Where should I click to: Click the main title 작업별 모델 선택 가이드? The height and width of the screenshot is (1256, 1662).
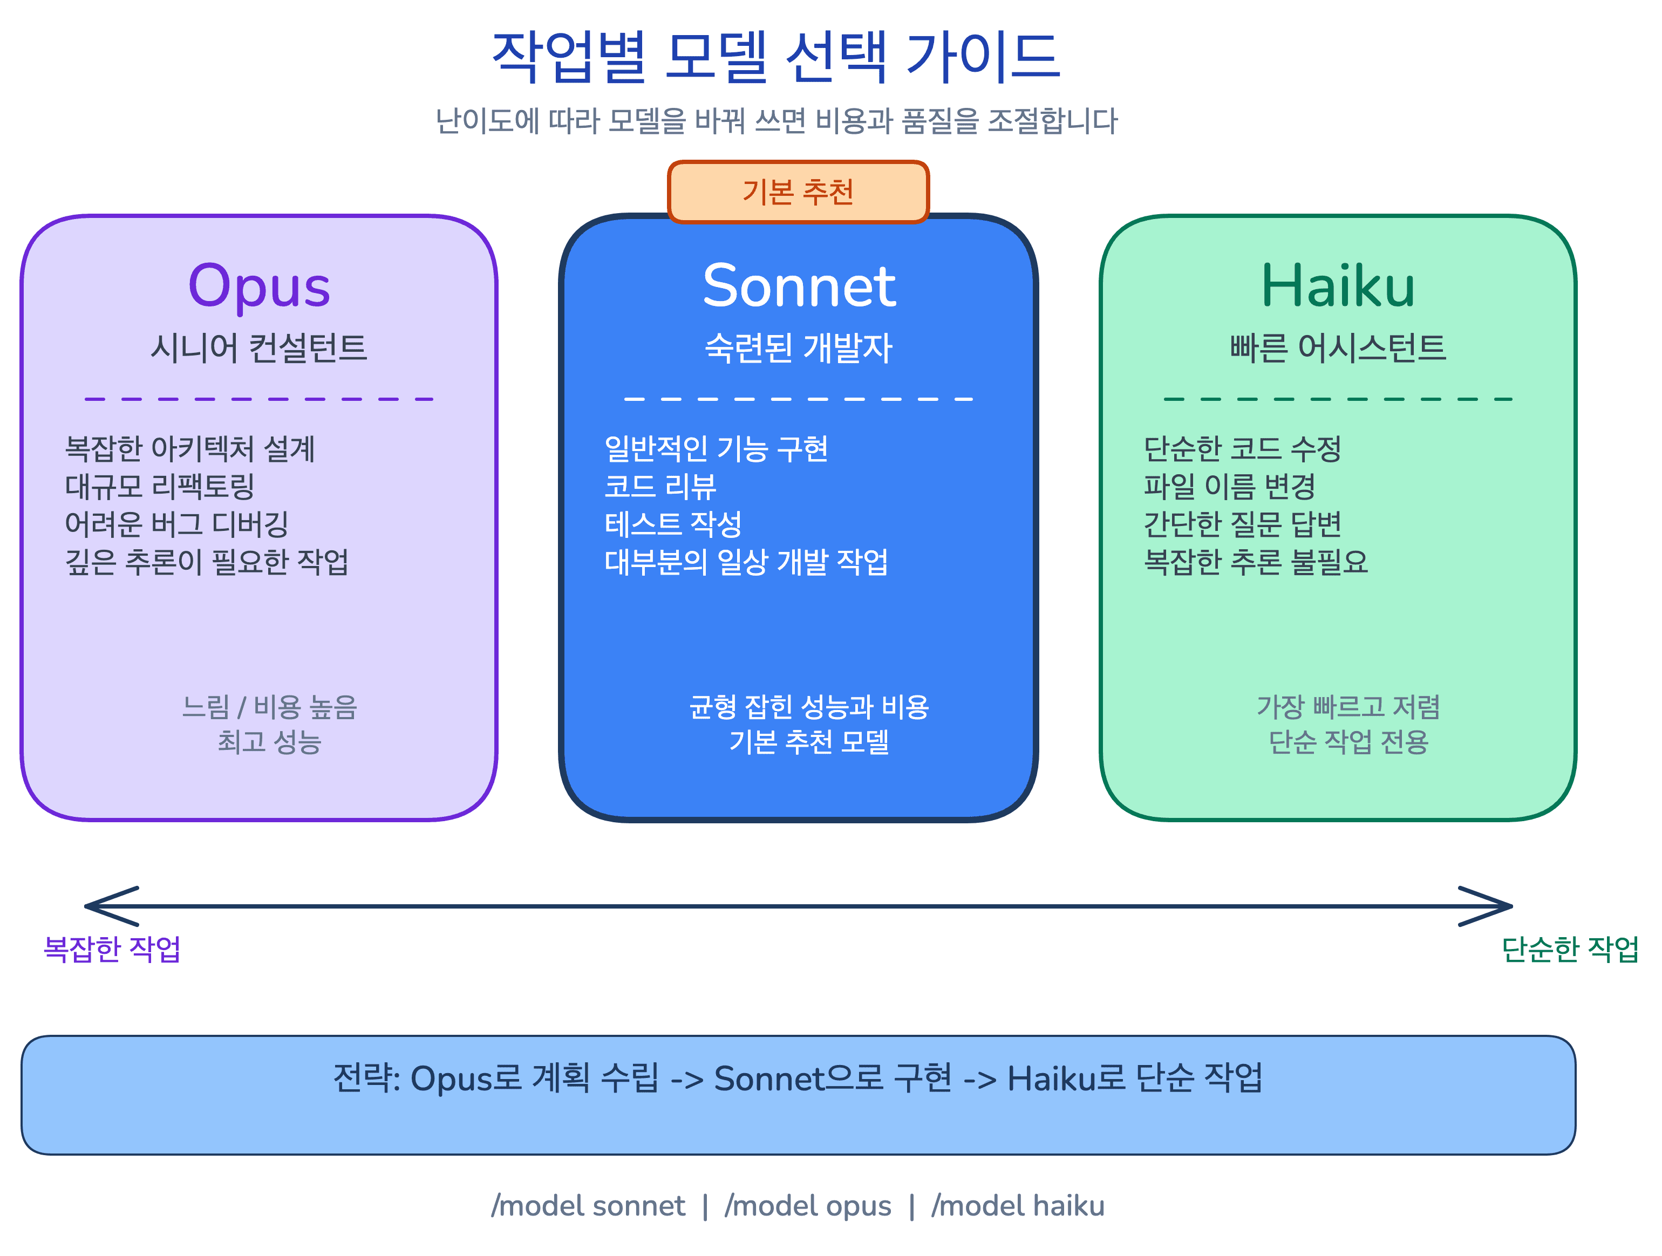coord(775,57)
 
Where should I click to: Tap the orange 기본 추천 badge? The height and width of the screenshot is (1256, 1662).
coord(798,192)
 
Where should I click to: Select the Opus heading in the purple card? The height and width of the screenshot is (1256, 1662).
coord(258,287)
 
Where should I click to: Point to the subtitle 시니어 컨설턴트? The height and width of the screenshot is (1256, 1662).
coord(258,348)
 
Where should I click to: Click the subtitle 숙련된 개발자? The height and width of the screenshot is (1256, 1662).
coord(798,348)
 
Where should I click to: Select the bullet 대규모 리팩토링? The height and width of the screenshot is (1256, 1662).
coord(159,487)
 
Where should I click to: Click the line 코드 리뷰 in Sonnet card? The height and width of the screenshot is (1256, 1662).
coord(660,487)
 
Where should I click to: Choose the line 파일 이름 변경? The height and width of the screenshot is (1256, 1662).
coord(1229,487)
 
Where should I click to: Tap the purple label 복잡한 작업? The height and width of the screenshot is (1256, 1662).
coord(112,949)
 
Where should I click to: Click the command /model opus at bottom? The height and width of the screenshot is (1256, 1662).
coord(808,1206)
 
